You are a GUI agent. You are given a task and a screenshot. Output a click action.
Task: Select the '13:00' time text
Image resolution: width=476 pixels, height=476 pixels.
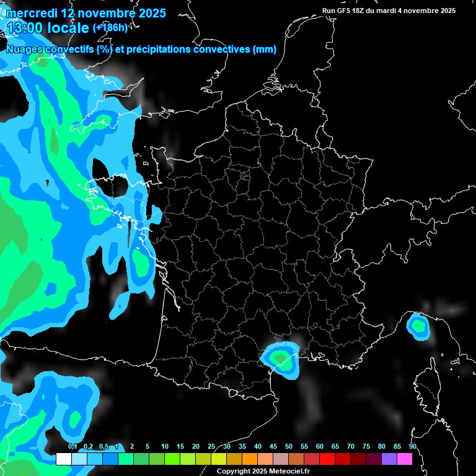pyautogui.click(x=25, y=27)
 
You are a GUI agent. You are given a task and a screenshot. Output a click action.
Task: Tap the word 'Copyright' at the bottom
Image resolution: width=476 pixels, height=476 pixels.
pyautogui.click(x=234, y=471)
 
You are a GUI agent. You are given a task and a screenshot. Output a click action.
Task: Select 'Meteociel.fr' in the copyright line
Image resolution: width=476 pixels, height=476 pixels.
pyautogui.click(x=291, y=471)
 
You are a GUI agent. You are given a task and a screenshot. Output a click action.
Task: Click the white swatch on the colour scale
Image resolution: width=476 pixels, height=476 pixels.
pyautogui.click(x=63, y=459)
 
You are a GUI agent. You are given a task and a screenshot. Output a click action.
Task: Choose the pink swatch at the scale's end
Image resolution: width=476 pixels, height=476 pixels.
pyautogui.click(x=404, y=459)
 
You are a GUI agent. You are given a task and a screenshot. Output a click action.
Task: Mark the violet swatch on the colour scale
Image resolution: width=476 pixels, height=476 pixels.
pyautogui.click(x=389, y=459)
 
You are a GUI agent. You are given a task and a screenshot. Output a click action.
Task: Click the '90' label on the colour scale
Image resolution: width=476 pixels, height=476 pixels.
pyautogui.click(x=412, y=447)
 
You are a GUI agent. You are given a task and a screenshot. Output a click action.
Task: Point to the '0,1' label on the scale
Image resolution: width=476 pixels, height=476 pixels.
pyautogui.click(x=73, y=447)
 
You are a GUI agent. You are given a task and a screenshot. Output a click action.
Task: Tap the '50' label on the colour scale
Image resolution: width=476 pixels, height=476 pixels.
pyautogui.click(x=289, y=447)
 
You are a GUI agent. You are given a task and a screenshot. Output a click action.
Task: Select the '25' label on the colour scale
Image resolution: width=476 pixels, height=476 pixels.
pyautogui.click(x=211, y=447)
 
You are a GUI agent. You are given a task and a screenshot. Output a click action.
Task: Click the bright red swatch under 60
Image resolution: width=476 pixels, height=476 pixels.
pyautogui.click(x=327, y=459)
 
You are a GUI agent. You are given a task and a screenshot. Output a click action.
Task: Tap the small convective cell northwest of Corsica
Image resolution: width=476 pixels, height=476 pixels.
pyautogui.click(x=418, y=325)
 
